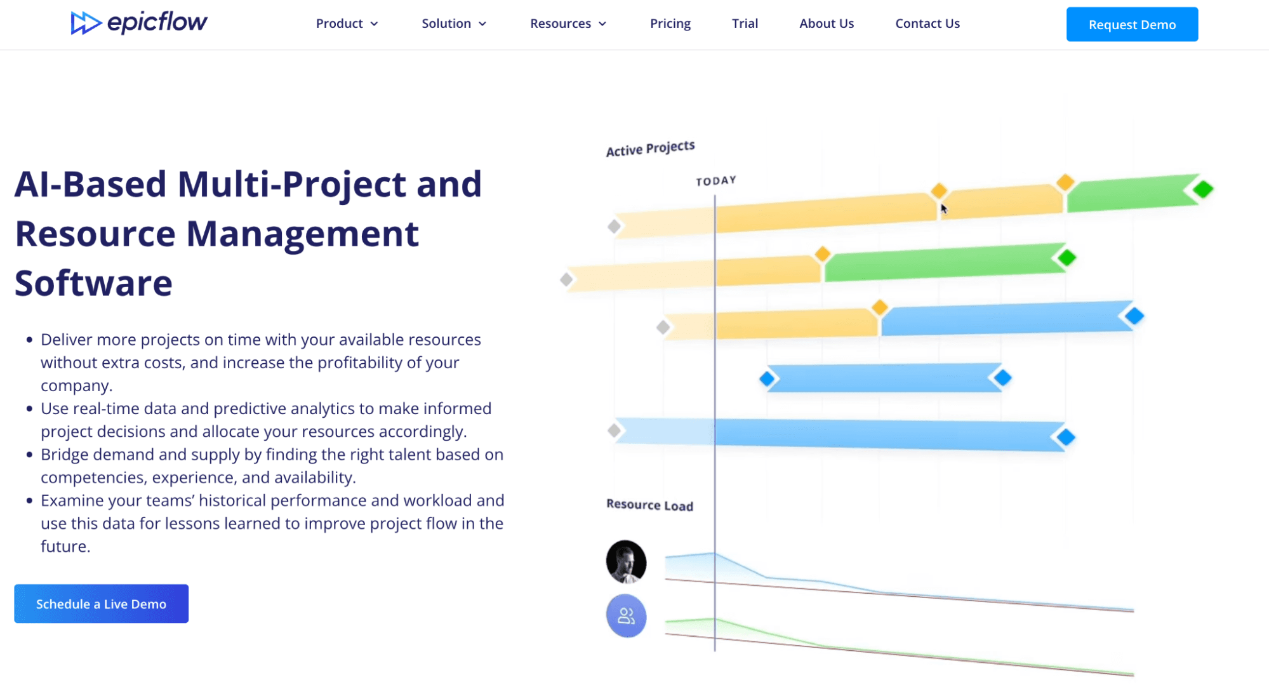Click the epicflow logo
[139, 23]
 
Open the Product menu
[347, 23]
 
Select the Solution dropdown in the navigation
[454, 23]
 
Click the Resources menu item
[568, 23]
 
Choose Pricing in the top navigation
[670, 23]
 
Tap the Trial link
[745, 23]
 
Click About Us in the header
[827, 23]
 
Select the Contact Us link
[927, 23]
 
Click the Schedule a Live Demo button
[102, 604]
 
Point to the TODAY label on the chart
[716, 181]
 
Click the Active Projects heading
[650, 149]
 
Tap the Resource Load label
[649, 505]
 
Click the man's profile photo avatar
[626, 562]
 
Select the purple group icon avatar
[626, 616]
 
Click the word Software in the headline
[93, 283]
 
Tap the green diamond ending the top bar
[1202, 189]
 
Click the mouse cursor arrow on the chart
[944, 209]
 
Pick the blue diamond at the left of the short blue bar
[767, 379]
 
